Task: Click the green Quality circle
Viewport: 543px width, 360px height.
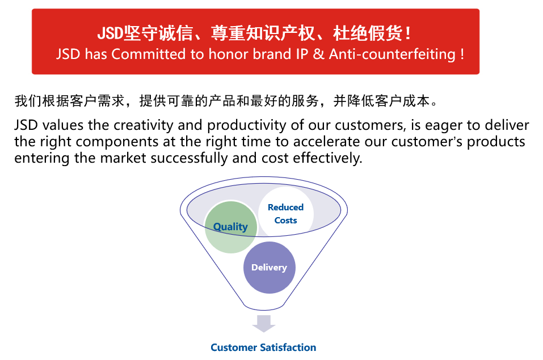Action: pos(231,227)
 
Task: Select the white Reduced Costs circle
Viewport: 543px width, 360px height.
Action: pos(286,214)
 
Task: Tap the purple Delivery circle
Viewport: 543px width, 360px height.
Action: pos(270,267)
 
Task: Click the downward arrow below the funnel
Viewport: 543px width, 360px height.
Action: pos(264,324)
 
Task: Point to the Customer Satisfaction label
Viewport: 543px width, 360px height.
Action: pos(263,347)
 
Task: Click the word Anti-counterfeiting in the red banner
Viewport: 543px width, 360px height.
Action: pos(392,54)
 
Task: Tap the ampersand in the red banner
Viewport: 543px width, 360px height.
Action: pos(318,54)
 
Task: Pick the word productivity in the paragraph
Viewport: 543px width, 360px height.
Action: pos(247,125)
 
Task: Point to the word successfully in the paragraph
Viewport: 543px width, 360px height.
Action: pos(189,158)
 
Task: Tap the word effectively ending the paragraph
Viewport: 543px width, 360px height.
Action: pos(327,158)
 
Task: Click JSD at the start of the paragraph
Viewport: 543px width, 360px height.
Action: pos(26,125)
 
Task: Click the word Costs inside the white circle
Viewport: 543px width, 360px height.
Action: pos(286,221)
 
